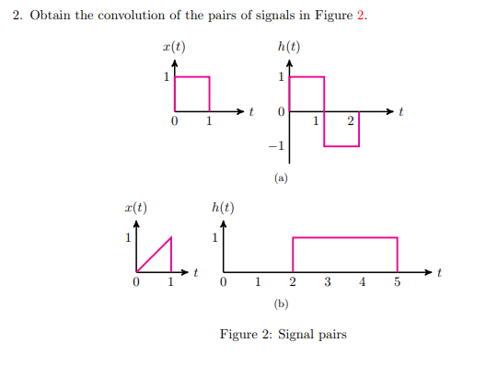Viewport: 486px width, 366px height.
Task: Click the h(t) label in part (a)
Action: pyautogui.click(x=288, y=47)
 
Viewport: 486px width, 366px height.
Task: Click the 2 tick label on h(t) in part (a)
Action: pyautogui.click(x=351, y=121)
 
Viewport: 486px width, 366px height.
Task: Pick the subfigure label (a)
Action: pyautogui.click(x=282, y=178)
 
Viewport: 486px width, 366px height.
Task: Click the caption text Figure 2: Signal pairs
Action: pyautogui.click(x=283, y=335)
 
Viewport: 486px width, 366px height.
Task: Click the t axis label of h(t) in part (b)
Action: pyautogui.click(x=440, y=272)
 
